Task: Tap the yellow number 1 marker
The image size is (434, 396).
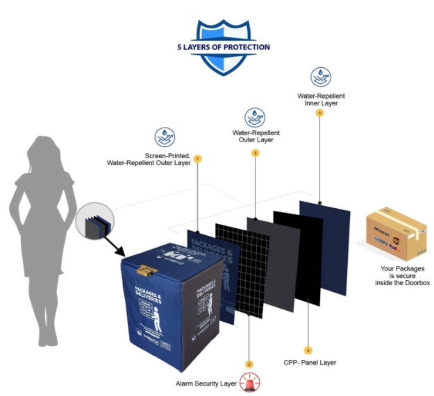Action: coord(198,159)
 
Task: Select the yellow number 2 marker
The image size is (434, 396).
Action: coord(249,363)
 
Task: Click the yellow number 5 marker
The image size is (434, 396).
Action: coord(319,112)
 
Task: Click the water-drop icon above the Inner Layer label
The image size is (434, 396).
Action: coord(320,76)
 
